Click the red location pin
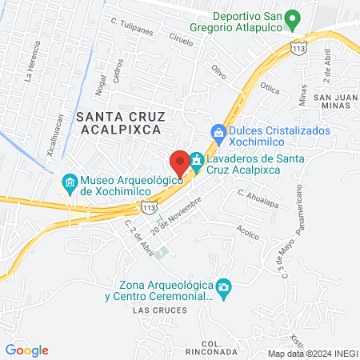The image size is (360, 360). pyautogui.click(x=180, y=163)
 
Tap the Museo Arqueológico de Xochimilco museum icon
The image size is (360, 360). pyautogui.click(x=70, y=183)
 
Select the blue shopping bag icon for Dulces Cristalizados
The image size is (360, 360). pyautogui.click(x=217, y=132)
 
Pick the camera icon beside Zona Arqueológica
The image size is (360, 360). pyautogui.click(x=225, y=286)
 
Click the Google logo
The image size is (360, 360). pyautogui.click(x=26, y=350)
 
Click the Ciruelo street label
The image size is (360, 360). pyautogui.click(x=182, y=40)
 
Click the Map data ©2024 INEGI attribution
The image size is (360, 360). pyautogui.click(x=313, y=353)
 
